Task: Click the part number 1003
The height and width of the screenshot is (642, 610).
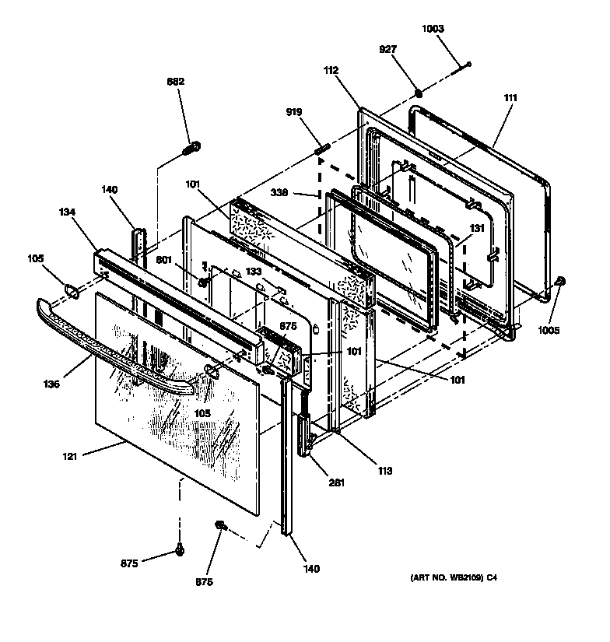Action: tap(433, 29)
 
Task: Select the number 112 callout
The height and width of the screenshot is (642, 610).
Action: tap(331, 70)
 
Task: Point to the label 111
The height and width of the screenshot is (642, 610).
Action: tap(510, 98)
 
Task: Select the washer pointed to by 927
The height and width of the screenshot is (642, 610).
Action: tap(418, 94)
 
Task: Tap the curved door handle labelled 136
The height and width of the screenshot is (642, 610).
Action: tap(117, 350)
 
